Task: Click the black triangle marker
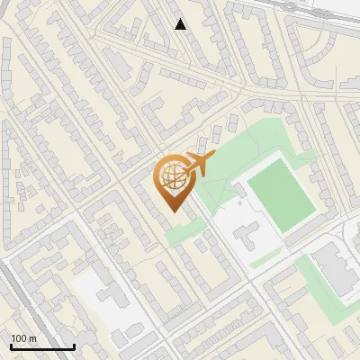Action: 181,24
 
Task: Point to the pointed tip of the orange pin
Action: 172,211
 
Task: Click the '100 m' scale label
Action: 23,338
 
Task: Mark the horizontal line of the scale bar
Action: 42,346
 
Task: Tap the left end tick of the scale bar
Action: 11,345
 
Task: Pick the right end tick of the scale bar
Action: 74,345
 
